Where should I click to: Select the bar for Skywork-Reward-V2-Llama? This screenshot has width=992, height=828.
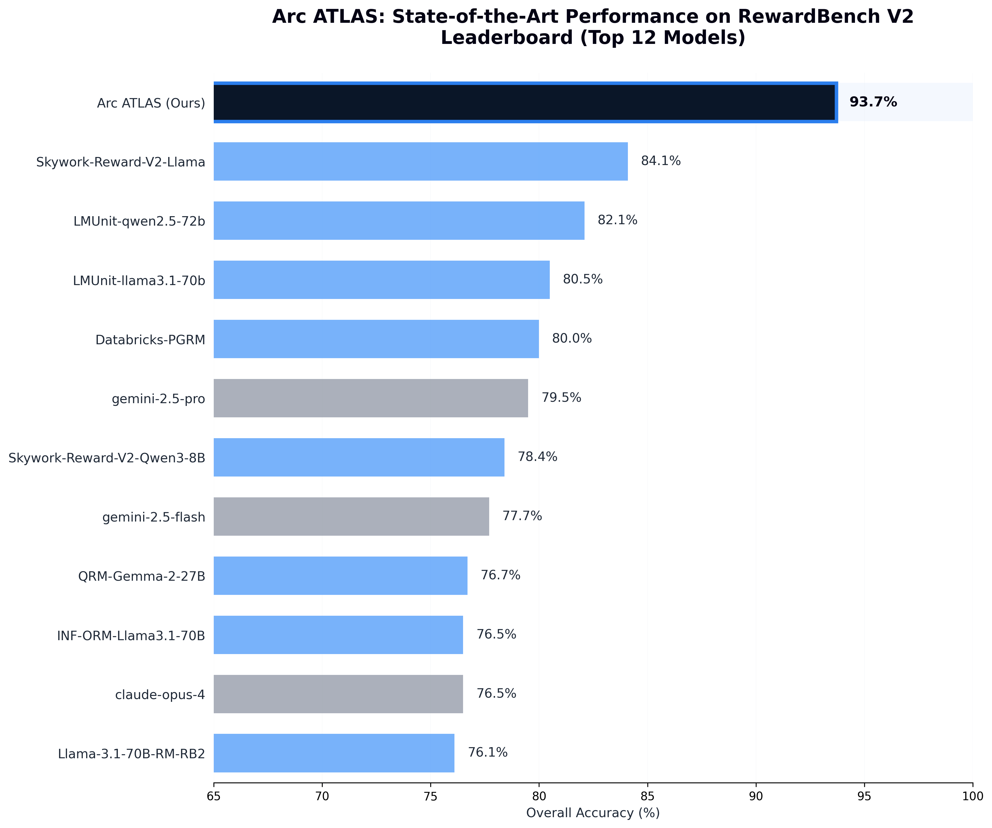(x=421, y=161)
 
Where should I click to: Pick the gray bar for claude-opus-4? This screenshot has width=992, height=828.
(x=338, y=694)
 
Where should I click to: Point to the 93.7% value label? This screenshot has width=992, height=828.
(x=873, y=102)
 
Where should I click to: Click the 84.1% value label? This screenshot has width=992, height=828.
(x=660, y=161)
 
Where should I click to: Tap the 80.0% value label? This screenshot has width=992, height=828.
(x=571, y=339)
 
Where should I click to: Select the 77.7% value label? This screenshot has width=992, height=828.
(x=522, y=516)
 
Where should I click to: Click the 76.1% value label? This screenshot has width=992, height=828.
(x=488, y=752)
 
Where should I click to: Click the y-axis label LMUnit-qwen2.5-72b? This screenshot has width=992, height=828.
(x=139, y=221)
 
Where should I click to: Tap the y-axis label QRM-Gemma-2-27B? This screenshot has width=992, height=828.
(x=142, y=576)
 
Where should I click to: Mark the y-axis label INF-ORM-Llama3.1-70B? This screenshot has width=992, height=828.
(x=131, y=636)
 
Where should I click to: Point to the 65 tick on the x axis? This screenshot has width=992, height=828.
(x=213, y=796)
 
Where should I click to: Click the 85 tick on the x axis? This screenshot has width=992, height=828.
(x=647, y=796)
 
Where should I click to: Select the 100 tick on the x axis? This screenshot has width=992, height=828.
(x=972, y=796)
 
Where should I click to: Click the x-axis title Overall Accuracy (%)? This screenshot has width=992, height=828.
(x=593, y=813)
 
